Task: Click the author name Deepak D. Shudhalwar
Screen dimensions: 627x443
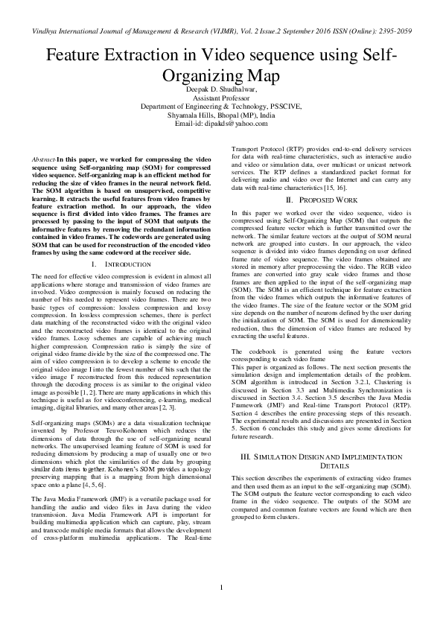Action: [221, 89]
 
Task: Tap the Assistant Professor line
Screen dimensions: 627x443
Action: [221, 98]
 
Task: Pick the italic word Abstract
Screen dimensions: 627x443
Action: [44, 161]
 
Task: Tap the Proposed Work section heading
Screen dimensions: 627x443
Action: [326, 200]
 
